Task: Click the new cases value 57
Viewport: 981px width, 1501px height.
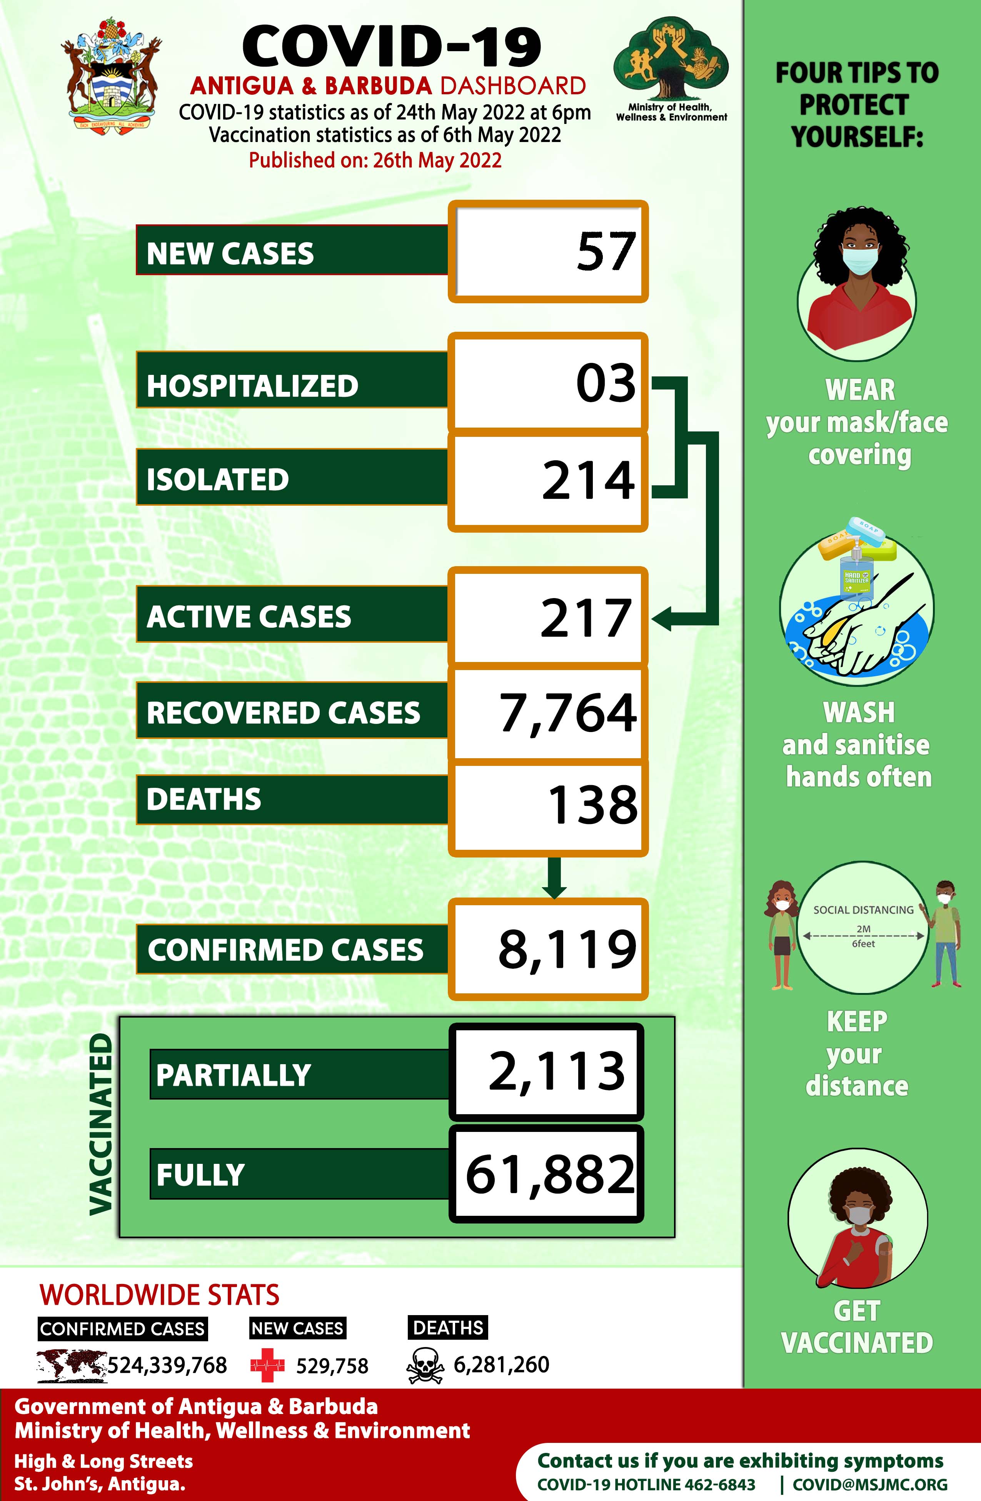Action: click(x=605, y=252)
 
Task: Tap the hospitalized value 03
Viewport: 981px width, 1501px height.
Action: click(x=605, y=383)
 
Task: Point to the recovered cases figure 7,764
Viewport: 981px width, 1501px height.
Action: click(x=567, y=713)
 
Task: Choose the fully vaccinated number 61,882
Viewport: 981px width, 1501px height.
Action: click(x=550, y=1174)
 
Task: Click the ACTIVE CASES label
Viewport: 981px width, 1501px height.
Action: click(x=249, y=616)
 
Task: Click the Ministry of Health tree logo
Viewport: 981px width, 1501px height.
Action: click(x=671, y=60)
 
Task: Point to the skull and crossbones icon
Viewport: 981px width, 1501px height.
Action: click(x=425, y=1366)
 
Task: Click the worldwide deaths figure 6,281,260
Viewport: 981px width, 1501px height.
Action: click(x=501, y=1365)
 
